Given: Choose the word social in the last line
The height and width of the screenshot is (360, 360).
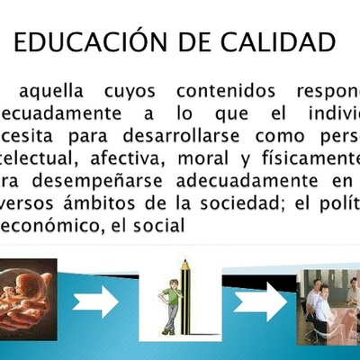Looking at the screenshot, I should click(162, 229).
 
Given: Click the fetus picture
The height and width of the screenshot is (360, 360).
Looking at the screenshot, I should click(28, 299).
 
